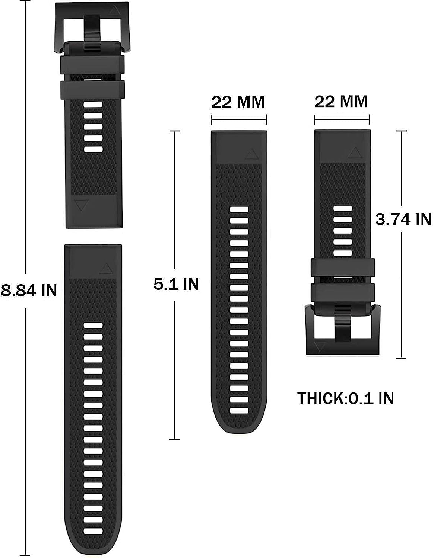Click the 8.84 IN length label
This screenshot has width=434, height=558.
pyautogui.click(x=29, y=291)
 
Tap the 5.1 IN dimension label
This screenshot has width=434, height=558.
pyautogui.click(x=176, y=285)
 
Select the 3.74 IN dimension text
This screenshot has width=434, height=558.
pyautogui.click(x=403, y=219)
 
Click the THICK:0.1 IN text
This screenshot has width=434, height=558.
pyautogui.click(x=345, y=399)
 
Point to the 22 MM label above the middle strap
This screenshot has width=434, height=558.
pyautogui.click(x=238, y=102)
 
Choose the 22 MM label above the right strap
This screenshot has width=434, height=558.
pyautogui.click(x=341, y=102)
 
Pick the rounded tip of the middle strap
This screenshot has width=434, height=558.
pyautogui.click(x=239, y=428)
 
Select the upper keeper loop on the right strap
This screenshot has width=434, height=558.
pyautogui.click(x=342, y=267)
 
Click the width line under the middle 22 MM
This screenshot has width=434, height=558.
pyautogui.click(x=239, y=120)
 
